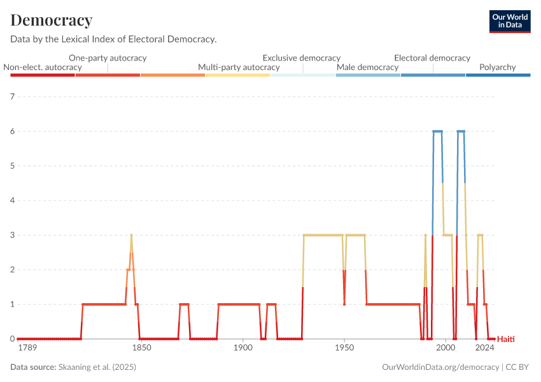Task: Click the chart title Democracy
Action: (52, 20)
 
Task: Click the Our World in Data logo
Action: (510, 21)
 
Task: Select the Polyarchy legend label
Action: (497, 67)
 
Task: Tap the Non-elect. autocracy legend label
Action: (43, 67)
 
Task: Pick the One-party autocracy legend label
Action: (108, 58)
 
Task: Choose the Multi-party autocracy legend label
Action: (239, 67)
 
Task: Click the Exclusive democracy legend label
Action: (302, 58)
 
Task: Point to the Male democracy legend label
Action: (367, 67)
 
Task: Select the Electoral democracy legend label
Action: (432, 58)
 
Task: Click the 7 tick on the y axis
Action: (12, 97)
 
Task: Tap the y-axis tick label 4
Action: (12, 201)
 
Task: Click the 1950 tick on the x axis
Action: (344, 348)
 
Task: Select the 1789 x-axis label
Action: (27, 348)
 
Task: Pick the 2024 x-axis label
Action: (485, 348)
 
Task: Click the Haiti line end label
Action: (505, 339)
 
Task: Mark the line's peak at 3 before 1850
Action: (131, 235)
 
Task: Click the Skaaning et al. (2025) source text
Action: (97, 367)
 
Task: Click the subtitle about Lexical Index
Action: (113, 39)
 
